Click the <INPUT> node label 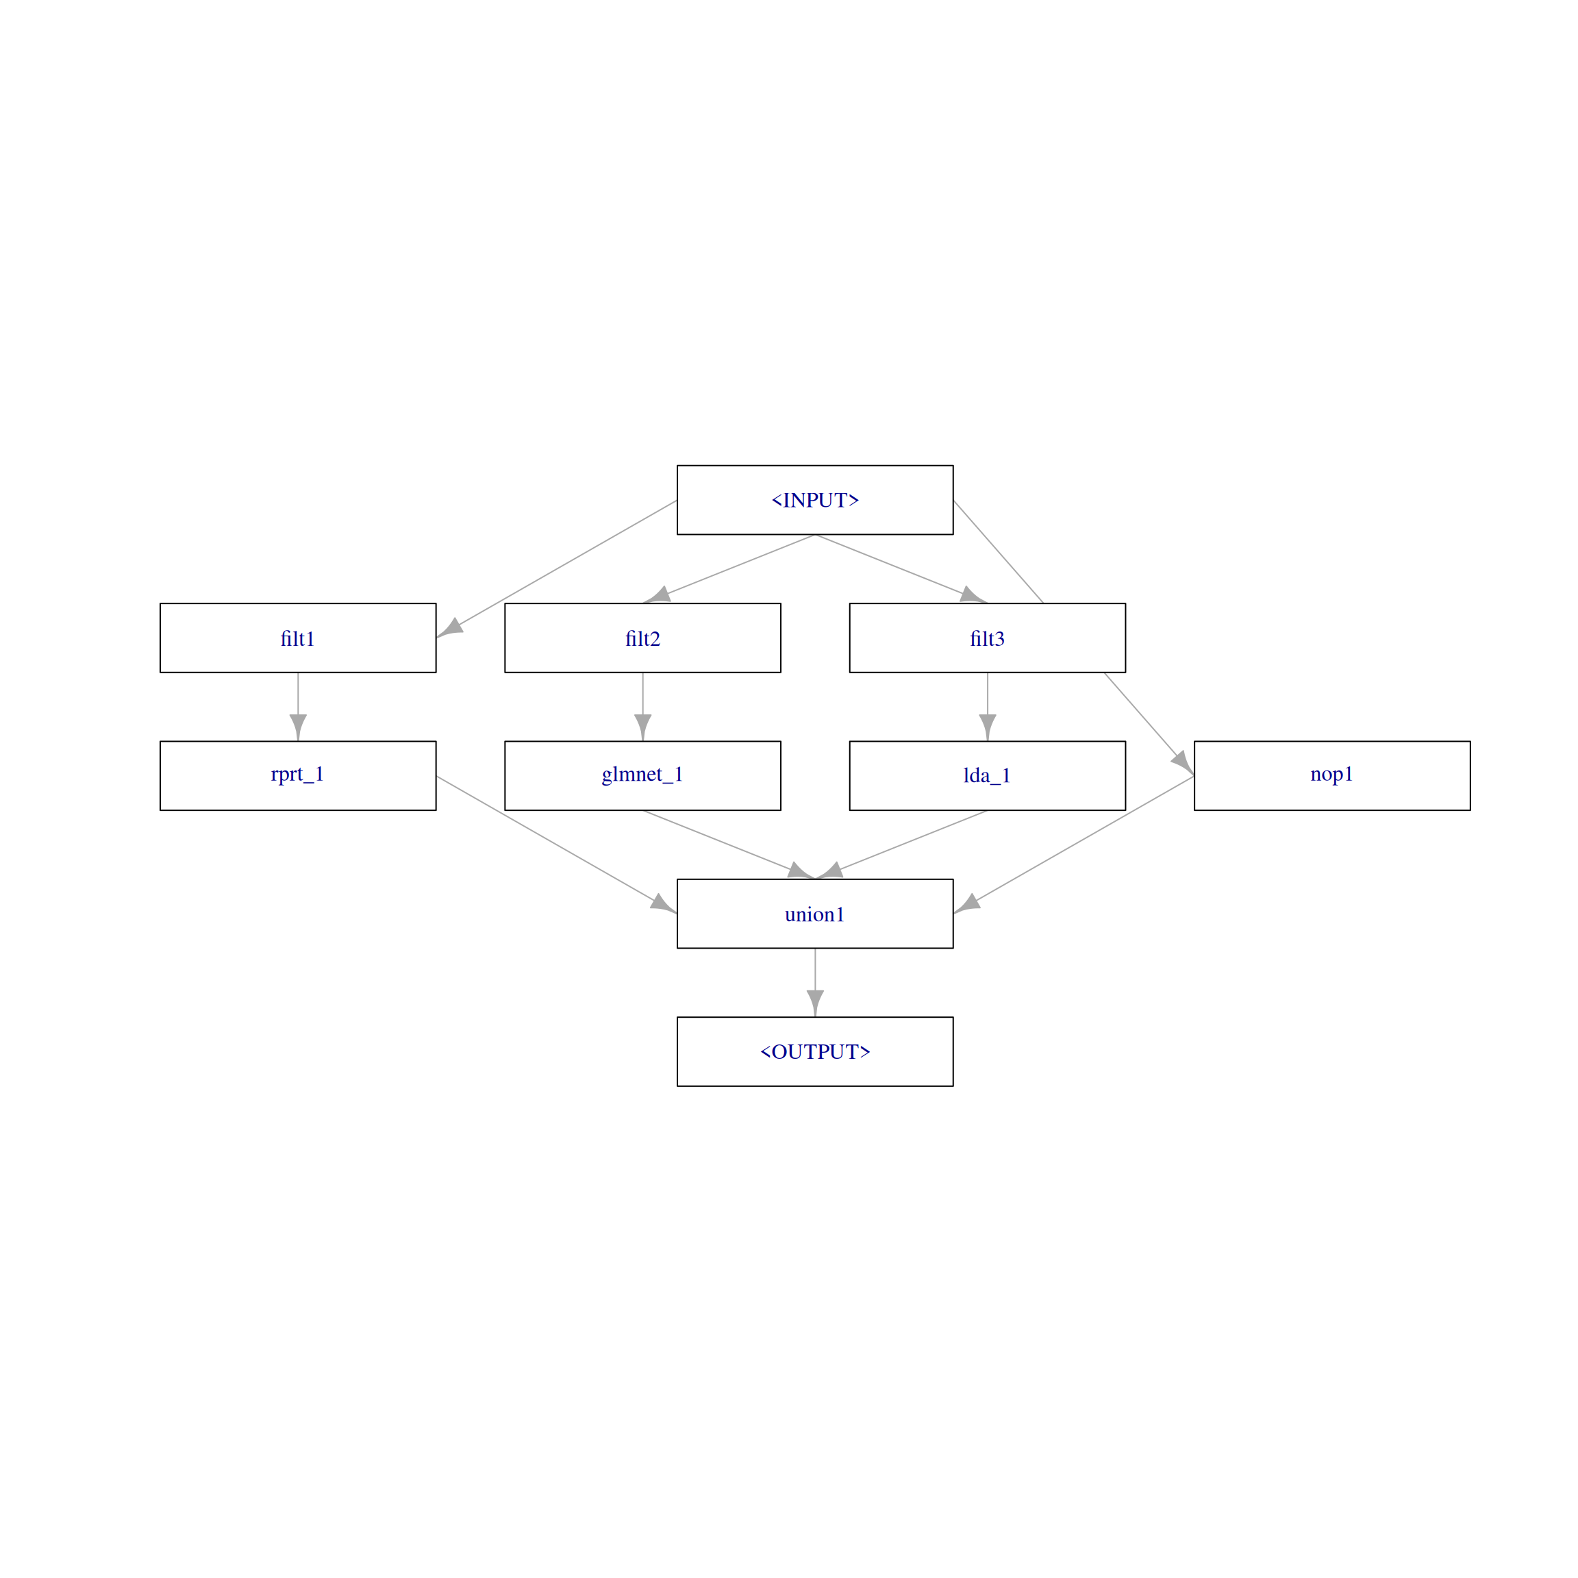coord(814,500)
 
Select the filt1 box coord(297,638)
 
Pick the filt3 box coord(987,638)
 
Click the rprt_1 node coord(297,775)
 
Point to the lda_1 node coord(987,775)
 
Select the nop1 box coord(1331,775)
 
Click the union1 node coord(814,913)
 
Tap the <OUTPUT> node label coord(814,1051)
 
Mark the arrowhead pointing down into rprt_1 coord(298,727)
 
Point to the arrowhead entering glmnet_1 coord(643,727)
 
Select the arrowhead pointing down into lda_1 coord(988,727)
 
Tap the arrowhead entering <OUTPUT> coord(815,1003)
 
